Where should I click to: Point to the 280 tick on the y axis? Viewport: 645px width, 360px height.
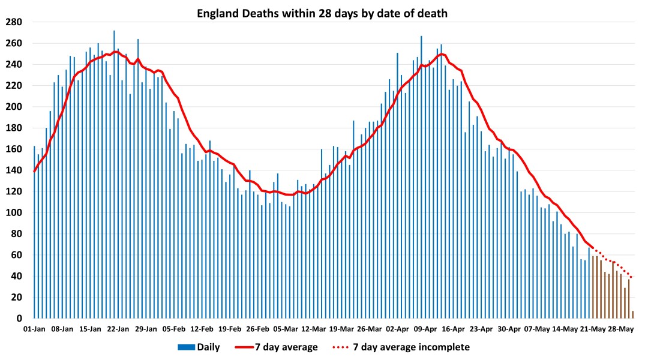tap(14, 22)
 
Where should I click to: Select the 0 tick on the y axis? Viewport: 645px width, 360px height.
tap(19, 319)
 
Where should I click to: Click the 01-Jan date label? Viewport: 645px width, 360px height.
tap(34, 329)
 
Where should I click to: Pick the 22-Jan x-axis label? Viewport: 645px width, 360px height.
tap(118, 329)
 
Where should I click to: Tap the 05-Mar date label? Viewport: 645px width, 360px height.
tap(286, 329)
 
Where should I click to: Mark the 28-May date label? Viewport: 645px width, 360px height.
tap(621, 329)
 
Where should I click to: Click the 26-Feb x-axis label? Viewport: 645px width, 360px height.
tap(258, 329)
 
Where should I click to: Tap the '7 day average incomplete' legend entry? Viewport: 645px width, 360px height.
tap(400, 347)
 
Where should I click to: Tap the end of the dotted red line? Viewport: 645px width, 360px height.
tap(632, 277)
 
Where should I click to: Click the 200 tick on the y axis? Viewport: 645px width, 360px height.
tap(14, 107)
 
